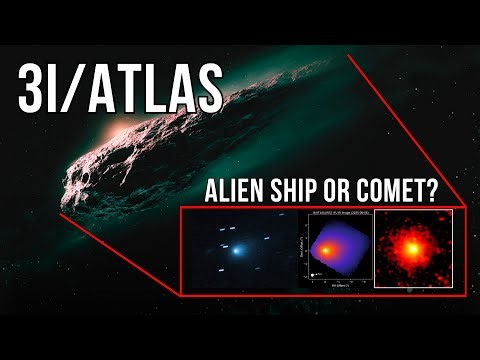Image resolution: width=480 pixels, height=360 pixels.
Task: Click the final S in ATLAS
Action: (205, 88)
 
